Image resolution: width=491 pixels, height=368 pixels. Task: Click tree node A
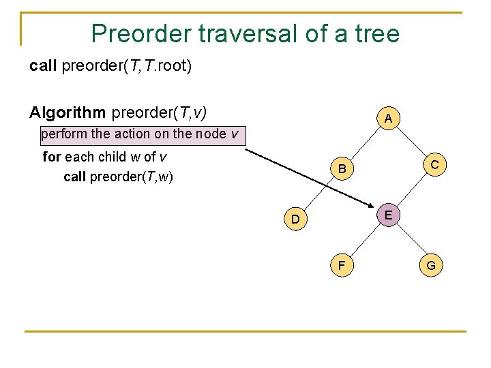coord(387,119)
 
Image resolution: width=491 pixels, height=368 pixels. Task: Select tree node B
coord(342,168)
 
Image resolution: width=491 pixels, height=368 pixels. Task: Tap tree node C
coord(434,164)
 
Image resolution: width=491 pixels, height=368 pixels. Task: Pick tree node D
coord(295,219)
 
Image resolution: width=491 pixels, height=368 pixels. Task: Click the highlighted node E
coord(387,215)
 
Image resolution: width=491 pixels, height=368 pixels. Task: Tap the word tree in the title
coord(374,33)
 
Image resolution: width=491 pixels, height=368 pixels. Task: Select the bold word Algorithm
coord(68,111)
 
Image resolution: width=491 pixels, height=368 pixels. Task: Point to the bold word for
coord(52,157)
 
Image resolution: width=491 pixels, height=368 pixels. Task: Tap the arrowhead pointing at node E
coord(374,207)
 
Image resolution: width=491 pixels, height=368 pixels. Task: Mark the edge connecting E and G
coord(410,241)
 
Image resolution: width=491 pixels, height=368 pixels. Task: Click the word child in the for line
coord(112,157)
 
